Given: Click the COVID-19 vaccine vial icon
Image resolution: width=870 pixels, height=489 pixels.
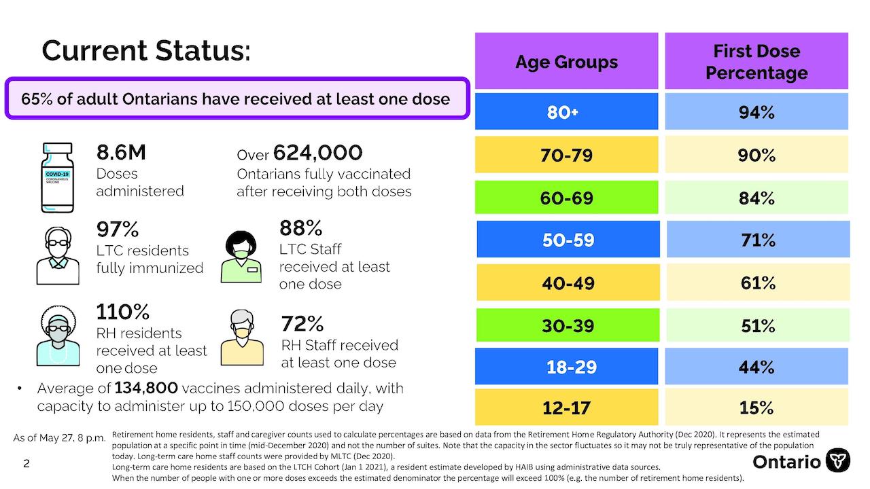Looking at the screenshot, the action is tap(58, 177).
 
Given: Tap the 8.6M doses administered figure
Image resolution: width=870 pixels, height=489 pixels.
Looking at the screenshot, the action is tap(121, 152).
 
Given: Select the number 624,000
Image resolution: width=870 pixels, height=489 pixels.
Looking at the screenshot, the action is tap(317, 153).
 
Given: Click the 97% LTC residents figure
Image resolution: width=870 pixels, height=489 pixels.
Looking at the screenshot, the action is tap(118, 229).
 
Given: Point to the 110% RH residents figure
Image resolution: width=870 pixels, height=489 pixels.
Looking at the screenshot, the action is tap(123, 312).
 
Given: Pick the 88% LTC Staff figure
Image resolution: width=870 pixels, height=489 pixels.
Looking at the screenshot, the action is tap(300, 228).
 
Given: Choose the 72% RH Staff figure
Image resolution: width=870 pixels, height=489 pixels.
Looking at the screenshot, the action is tap(302, 323).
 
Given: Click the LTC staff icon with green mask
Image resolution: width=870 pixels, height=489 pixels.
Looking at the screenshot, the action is tap(241, 257).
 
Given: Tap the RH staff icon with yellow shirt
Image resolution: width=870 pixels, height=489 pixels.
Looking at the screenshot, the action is tap(242, 338).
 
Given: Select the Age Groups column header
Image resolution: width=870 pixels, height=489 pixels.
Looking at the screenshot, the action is tap(567, 61).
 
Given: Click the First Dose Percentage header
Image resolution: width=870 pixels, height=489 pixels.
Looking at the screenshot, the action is tap(756, 61).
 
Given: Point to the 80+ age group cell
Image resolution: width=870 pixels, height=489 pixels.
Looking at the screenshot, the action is tap(567, 111).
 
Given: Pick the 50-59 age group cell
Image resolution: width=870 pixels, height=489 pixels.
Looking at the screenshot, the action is tap(568, 239).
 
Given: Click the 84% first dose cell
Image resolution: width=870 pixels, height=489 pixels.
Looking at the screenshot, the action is tap(756, 197).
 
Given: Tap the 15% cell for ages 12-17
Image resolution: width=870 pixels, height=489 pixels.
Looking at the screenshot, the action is tap(756, 407).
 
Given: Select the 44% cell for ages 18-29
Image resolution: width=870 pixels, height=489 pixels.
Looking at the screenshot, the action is tap(756, 366).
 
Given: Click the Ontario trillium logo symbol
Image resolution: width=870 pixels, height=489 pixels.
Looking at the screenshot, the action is tap(838, 460).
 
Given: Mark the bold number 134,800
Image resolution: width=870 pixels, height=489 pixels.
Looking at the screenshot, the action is tap(146, 388).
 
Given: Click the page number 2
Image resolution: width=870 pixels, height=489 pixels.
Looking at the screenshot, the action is tap(27, 463).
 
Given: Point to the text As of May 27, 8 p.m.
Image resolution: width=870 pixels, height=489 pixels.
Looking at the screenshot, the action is tap(59, 438).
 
